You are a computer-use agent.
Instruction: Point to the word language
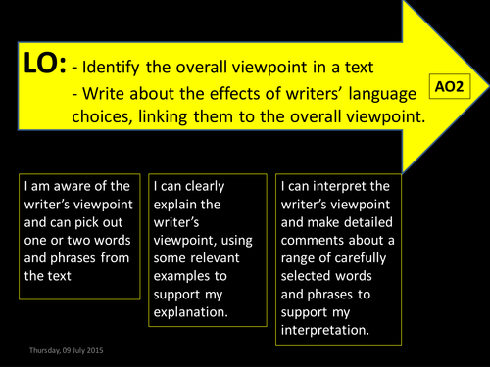coord(378,95)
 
